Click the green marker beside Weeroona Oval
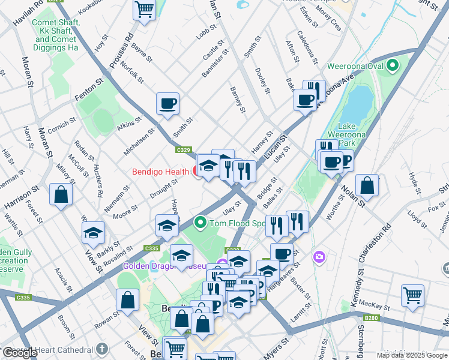click(x=393, y=65)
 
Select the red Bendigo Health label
click(x=160, y=172)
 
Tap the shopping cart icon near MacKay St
click(x=412, y=295)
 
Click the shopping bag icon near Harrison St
click(x=61, y=194)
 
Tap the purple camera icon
click(x=319, y=257)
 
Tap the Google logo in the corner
click(x=20, y=353)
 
